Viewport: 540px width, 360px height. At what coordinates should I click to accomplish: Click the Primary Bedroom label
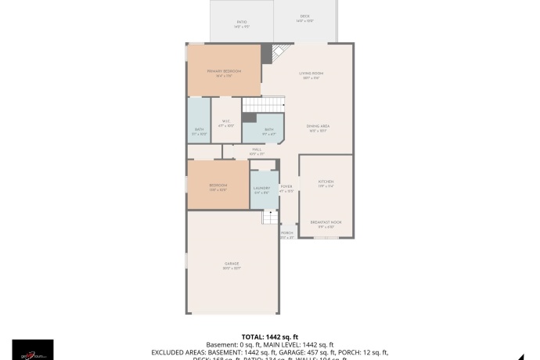(x=224, y=72)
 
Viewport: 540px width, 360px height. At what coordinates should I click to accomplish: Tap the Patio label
(x=242, y=23)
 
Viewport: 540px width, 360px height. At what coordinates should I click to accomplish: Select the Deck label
(x=304, y=18)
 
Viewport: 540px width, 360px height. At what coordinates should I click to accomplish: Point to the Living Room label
(x=311, y=75)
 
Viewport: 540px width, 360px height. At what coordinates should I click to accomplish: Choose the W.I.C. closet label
(x=225, y=123)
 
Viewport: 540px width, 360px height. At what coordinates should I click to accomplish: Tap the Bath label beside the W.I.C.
(x=199, y=131)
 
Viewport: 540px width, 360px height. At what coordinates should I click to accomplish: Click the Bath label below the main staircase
(x=268, y=131)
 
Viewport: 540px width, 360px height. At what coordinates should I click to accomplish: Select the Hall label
(x=257, y=151)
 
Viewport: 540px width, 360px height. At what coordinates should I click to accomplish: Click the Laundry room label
(x=262, y=190)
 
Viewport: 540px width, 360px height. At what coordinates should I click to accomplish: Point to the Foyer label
(x=286, y=189)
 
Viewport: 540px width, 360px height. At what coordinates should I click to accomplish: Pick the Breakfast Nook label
(x=326, y=224)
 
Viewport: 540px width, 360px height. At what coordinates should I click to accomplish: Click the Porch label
(x=287, y=235)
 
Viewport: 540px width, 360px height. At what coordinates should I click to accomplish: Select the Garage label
(x=232, y=265)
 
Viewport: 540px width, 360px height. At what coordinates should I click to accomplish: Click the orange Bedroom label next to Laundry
(x=218, y=187)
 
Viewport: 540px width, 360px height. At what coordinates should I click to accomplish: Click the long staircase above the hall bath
(x=261, y=106)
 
